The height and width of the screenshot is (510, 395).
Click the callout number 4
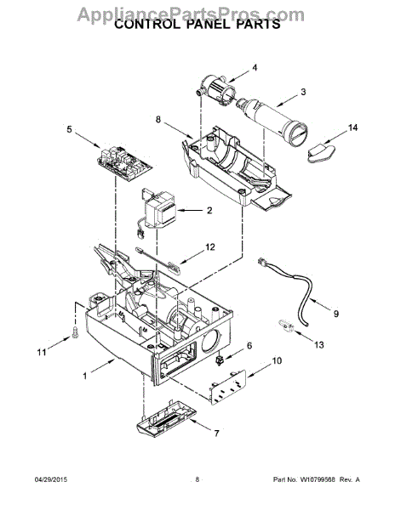(255, 67)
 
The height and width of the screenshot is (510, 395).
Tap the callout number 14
(352, 127)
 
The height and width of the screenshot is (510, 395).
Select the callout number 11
(42, 352)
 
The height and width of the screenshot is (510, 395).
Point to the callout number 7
(216, 433)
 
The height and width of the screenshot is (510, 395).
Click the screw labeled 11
(75, 331)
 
